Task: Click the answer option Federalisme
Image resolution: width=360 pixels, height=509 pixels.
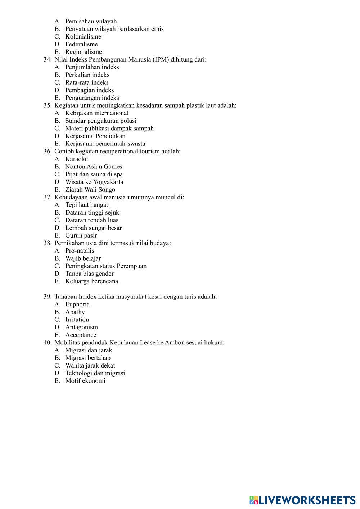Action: (81, 44)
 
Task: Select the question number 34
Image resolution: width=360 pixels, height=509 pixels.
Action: (48, 59)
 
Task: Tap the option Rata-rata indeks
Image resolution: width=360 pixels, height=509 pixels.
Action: (87, 82)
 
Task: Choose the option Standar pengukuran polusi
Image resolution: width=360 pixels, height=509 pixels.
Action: (101, 121)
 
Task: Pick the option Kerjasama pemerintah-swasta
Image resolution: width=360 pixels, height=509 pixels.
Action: (105, 144)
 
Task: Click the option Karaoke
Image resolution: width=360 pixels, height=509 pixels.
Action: (76, 159)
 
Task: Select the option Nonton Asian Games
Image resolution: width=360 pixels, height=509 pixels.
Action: (94, 167)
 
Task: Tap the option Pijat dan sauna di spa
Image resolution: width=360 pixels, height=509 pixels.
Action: (94, 174)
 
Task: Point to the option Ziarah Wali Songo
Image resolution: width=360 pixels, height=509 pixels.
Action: (90, 190)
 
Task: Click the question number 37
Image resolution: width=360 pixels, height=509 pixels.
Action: (48, 197)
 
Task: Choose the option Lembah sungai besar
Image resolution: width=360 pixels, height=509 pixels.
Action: (93, 228)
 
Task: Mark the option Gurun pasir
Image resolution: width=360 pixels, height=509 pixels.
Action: (81, 235)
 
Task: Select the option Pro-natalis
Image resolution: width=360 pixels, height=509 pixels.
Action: (80, 251)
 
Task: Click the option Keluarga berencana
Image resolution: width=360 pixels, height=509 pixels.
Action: (91, 281)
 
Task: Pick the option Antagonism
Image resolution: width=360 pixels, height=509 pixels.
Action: (81, 327)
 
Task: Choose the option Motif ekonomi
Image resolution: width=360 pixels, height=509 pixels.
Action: (85, 381)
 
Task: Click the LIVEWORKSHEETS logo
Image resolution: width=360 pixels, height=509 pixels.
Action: (302, 500)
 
